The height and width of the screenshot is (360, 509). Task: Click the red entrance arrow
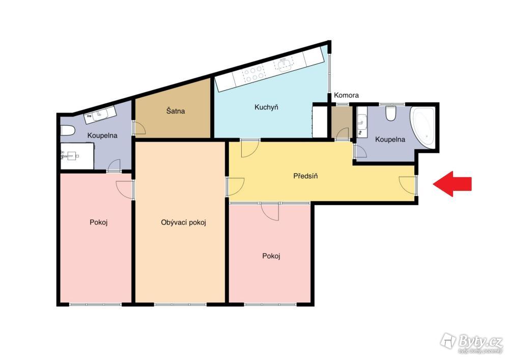pyautogui.click(x=452, y=184)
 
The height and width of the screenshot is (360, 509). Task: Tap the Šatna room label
pyautogui.click(x=176, y=111)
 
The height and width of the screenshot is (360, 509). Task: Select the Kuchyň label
pyautogui.click(x=266, y=107)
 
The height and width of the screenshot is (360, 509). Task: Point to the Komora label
pyautogui.click(x=346, y=95)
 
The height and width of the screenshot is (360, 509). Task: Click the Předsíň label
pyautogui.click(x=305, y=176)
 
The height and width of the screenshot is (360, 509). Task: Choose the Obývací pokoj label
pyautogui.click(x=183, y=223)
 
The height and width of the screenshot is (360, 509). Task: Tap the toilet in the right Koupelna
pyautogui.click(x=391, y=113)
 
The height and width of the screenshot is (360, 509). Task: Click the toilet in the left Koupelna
pyautogui.click(x=68, y=130)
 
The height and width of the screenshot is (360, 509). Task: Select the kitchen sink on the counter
pyautogui.click(x=285, y=64)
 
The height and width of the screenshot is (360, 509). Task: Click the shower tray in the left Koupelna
pyautogui.click(x=77, y=156)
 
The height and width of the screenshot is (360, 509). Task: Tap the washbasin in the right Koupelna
pyautogui.click(x=362, y=122)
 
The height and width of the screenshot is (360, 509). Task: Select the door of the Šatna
pyautogui.click(x=139, y=128)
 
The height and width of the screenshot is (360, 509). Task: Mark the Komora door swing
pyautogui.click(x=342, y=134)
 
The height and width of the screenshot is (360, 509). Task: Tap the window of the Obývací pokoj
pyautogui.click(x=180, y=304)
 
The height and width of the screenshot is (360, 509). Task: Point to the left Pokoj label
pyautogui.click(x=99, y=223)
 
